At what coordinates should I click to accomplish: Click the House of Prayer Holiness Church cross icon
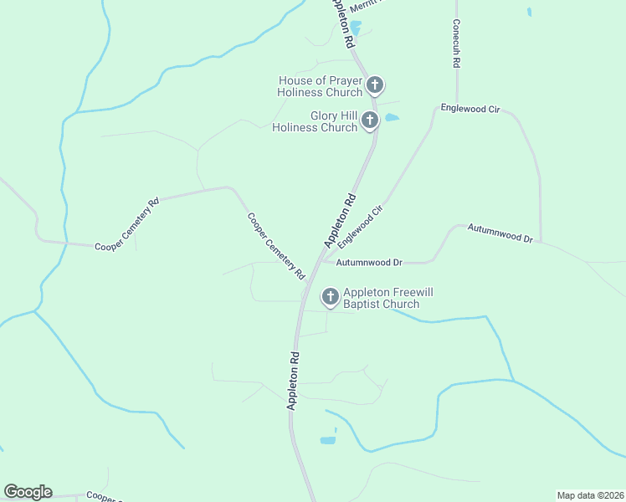coord(375,85)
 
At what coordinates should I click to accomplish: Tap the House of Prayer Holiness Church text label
coord(321,85)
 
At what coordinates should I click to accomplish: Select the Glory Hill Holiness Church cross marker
coord(370,121)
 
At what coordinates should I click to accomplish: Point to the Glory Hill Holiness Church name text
coord(315,121)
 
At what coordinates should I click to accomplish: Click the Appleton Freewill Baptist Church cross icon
coord(331,296)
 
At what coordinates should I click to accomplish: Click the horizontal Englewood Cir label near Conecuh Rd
coord(470,110)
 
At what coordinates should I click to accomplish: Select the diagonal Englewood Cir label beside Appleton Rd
coord(365,222)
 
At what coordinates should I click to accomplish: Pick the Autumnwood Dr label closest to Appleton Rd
coord(369,263)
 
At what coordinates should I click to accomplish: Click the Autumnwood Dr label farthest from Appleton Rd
coord(500,233)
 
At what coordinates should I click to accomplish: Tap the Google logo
coord(28,492)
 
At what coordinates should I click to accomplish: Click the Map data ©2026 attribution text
coord(590,494)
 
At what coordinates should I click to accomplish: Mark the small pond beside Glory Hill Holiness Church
coord(391,118)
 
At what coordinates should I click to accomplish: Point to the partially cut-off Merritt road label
coord(364,4)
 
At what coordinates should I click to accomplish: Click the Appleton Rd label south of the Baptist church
coord(294,379)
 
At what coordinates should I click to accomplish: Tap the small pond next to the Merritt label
coord(355,28)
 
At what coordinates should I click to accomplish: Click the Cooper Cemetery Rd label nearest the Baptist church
coord(275,245)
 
